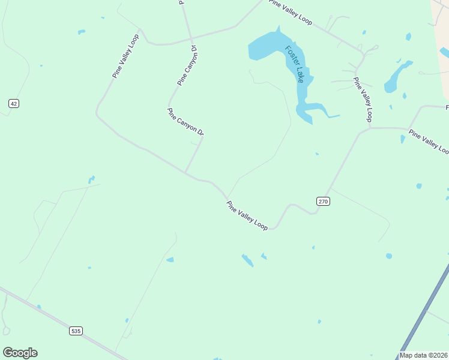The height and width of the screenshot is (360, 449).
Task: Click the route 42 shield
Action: point(14,104)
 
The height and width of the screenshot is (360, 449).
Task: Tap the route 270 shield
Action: point(323,202)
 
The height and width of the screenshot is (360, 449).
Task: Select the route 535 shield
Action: point(75,331)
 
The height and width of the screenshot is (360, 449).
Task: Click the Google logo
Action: point(20,353)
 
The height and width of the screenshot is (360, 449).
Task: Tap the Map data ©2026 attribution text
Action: point(424,355)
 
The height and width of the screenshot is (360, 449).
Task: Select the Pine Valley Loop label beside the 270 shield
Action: point(247,215)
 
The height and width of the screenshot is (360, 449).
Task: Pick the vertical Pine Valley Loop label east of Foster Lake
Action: point(363,99)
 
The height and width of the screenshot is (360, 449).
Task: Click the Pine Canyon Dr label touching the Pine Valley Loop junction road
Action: point(185,121)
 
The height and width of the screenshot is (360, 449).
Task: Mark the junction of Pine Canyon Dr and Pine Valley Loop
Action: point(185,173)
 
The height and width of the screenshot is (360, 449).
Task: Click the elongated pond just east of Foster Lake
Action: point(396,77)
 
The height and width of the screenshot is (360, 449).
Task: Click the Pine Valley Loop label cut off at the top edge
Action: point(291,12)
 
